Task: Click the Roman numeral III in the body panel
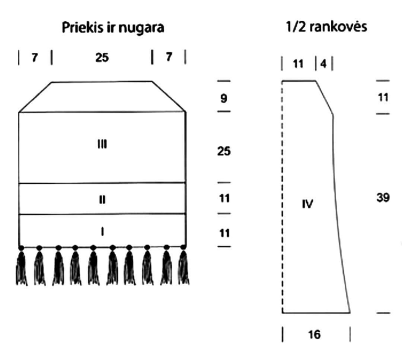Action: tap(102, 144)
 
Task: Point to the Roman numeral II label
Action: tap(102, 199)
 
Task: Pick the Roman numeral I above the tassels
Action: tap(102, 232)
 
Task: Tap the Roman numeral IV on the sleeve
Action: tap(307, 204)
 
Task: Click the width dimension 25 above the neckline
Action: tap(102, 58)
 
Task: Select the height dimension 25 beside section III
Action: tap(224, 151)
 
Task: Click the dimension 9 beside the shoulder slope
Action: tap(224, 98)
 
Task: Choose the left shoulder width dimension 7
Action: tap(35, 58)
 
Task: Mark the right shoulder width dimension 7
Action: tap(169, 57)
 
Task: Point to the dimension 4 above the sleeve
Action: tap(323, 64)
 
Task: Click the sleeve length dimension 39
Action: tap(383, 198)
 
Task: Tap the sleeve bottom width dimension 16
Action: tap(314, 335)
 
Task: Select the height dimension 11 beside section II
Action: tap(225, 198)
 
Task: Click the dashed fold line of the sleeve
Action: tap(282, 197)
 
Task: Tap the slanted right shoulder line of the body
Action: tap(169, 96)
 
